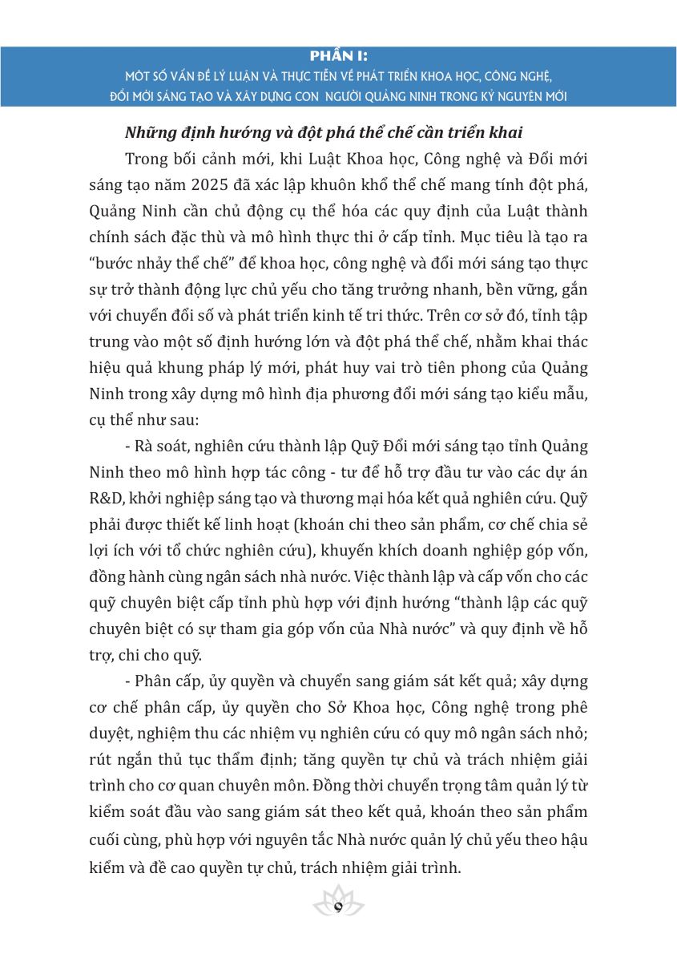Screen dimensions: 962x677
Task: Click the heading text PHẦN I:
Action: click(x=338, y=56)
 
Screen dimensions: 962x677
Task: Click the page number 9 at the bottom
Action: click(x=338, y=907)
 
